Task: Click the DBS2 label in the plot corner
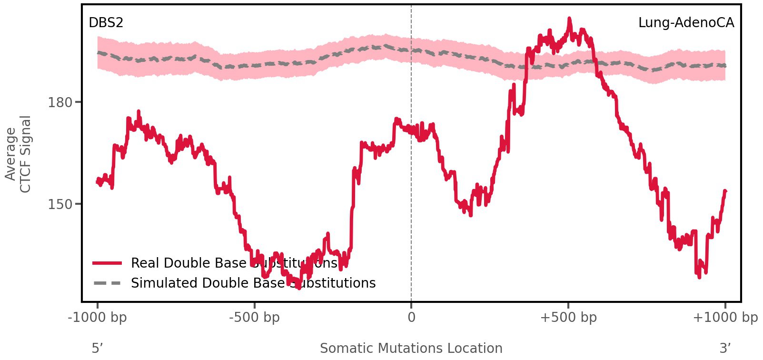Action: click(106, 22)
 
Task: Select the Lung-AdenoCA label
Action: click(686, 22)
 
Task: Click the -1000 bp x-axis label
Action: click(98, 318)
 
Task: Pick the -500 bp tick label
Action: click(254, 318)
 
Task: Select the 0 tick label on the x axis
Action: click(411, 318)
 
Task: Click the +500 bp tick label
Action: click(568, 318)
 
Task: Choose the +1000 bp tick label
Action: click(725, 318)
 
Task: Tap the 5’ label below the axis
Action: click(97, 349)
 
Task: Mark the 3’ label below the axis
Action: click(725, 349)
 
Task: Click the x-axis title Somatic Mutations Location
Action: click(411, 349)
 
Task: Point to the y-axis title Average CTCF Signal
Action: click(19, 154)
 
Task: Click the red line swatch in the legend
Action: click(108, 263)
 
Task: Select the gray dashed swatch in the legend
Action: click(108, 283)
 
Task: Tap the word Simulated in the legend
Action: click(164, 283)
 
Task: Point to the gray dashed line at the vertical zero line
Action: click(411, 50)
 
